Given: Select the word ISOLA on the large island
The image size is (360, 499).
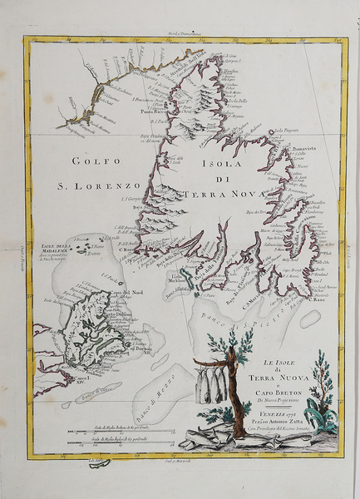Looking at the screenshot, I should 219,165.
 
